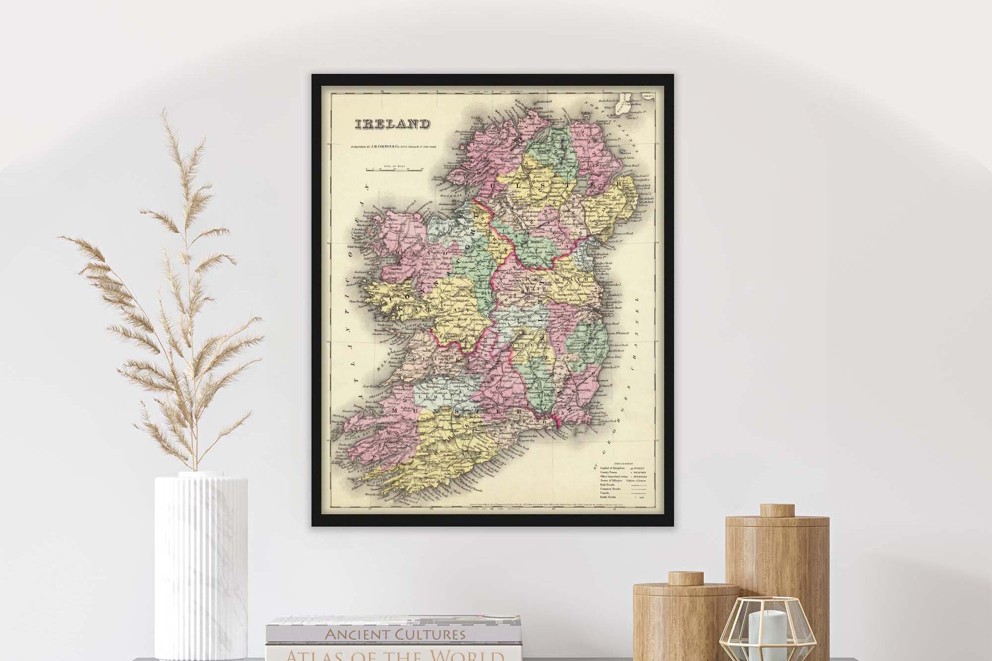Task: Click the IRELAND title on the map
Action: click(391, 124)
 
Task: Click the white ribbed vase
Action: click(201, 565)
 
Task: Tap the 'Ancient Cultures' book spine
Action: click(395, 633)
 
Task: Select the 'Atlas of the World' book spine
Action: click(395, 655)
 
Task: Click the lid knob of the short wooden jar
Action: click(685, 578)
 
